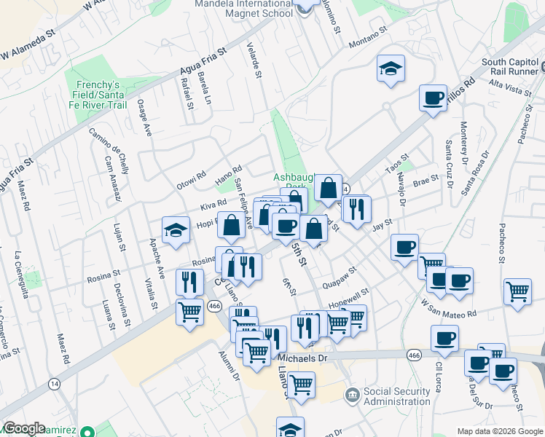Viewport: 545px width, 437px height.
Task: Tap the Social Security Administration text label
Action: coord(396,396)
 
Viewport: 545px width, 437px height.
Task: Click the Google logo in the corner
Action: coord(24,428)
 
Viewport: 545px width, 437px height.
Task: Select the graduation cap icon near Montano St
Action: coord(391,69)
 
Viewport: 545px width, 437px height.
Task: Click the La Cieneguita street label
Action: coord(20,276)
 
